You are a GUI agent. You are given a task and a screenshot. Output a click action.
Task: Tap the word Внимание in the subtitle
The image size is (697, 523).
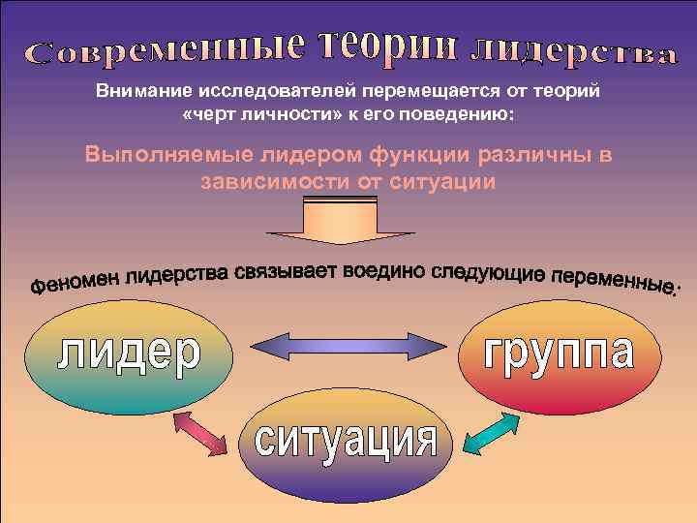(140, 91)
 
